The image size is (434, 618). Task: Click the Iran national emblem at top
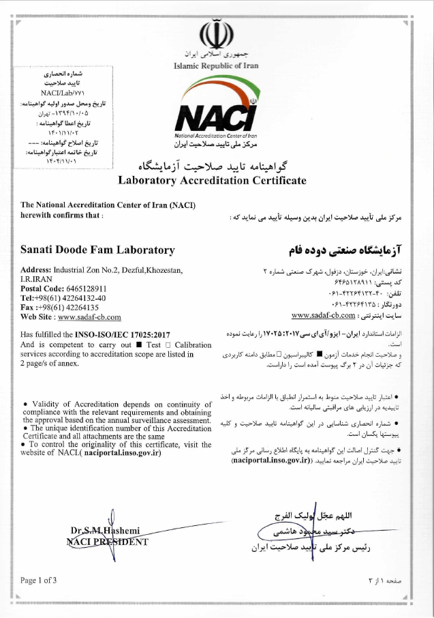tap(217, 33)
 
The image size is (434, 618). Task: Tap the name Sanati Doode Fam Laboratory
tap(97, 250)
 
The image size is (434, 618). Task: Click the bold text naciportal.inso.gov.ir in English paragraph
tap(122, 452)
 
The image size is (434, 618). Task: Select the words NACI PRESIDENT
tap(107, 542)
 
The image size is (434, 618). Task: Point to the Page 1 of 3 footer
tap(39, 580)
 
